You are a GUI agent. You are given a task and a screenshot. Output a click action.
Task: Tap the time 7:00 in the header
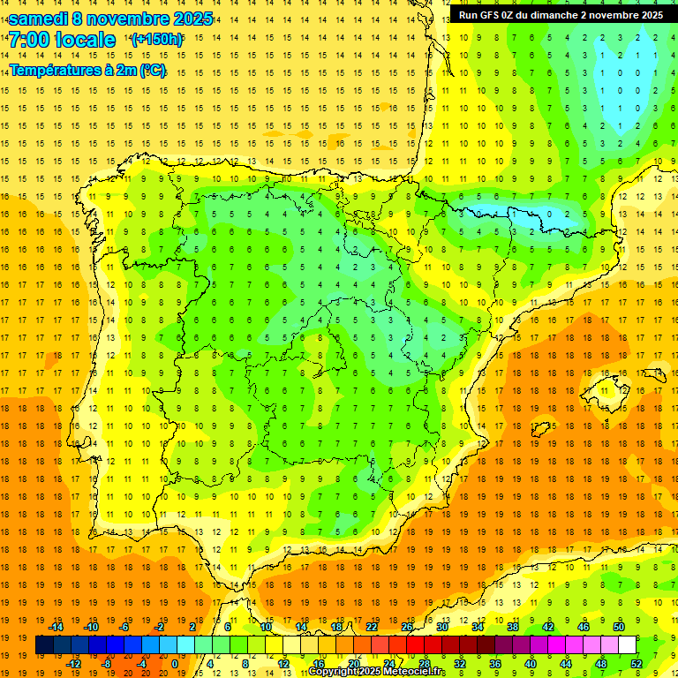tap(28, 40)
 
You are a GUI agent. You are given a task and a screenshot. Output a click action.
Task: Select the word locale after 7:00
tap(85, 40)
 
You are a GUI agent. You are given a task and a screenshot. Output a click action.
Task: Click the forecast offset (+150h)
tap(156, 40)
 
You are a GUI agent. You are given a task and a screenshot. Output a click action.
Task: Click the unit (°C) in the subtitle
tap(151, 71)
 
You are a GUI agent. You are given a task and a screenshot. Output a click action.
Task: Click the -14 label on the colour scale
tap(56, 627)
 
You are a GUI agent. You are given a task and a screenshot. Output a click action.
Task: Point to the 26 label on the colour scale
tap(407, 627)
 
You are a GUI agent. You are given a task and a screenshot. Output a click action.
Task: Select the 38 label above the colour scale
tap(513, 627)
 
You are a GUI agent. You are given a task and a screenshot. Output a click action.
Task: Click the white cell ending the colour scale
tap(627, 645)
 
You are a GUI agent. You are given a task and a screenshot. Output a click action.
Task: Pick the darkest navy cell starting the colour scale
tap(44, 645)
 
